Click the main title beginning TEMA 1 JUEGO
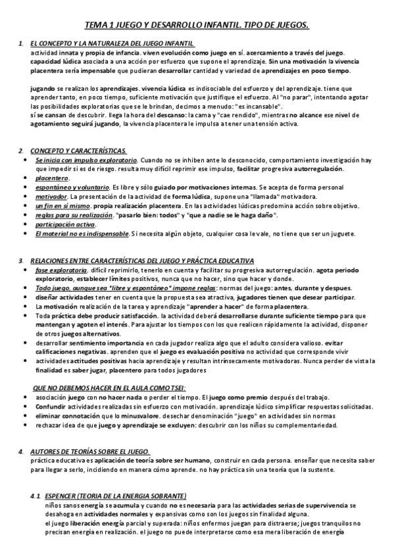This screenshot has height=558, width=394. (197, 25)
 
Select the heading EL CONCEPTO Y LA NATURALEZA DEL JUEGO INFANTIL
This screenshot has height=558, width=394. (112, 43)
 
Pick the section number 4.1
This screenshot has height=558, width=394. (36, 495)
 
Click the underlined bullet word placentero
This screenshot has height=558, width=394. (53, 178)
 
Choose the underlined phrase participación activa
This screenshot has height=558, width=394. (64, 224)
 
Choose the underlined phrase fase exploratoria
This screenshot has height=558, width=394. (61, 270)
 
